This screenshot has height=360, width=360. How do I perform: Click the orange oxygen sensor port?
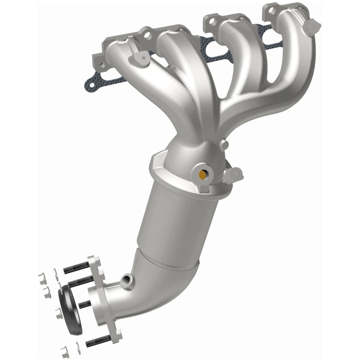(x=202, y=172)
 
